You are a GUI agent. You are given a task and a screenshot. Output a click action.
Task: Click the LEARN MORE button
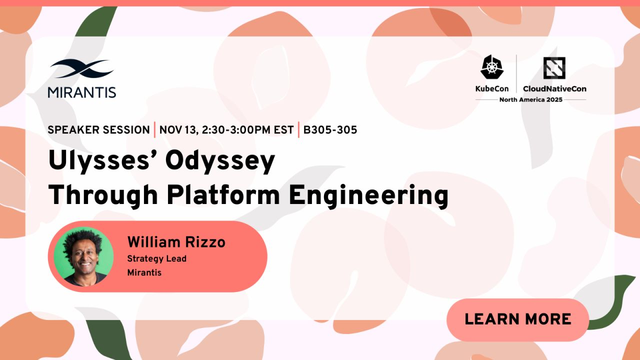[517, 319]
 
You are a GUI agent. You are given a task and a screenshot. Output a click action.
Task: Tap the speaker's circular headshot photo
[83, 256]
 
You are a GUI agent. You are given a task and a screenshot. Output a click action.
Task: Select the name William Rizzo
[176, 242]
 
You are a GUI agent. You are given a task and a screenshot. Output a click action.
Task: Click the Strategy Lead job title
[157, 258]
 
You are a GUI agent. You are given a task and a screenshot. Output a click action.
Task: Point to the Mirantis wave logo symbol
[82, 68]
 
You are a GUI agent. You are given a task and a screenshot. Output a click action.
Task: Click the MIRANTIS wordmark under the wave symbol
[82, 92]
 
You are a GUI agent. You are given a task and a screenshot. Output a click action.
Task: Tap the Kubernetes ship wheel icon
[492, 67]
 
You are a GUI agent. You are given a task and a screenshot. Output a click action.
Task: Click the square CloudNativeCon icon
[554, 68]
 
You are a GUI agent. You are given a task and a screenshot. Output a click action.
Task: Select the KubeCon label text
[492, 89]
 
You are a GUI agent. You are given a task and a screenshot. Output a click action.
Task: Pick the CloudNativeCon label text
[554, 89]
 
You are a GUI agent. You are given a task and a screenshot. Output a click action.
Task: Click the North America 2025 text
[531, 99]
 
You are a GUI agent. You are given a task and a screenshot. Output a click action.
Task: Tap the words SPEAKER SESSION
[99, 130]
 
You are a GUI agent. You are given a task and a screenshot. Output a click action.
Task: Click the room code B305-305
[330, 130]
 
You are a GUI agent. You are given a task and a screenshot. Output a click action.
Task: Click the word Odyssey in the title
[220, 162]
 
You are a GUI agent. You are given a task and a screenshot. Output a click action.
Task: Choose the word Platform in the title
[223, 195]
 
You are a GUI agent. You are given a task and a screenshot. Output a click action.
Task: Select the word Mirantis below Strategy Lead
[144, 272]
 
